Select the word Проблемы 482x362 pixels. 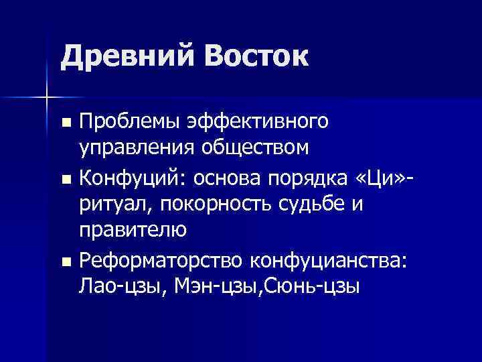click(x=133, y=122)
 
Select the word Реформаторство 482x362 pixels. click(x=160, y=259)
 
